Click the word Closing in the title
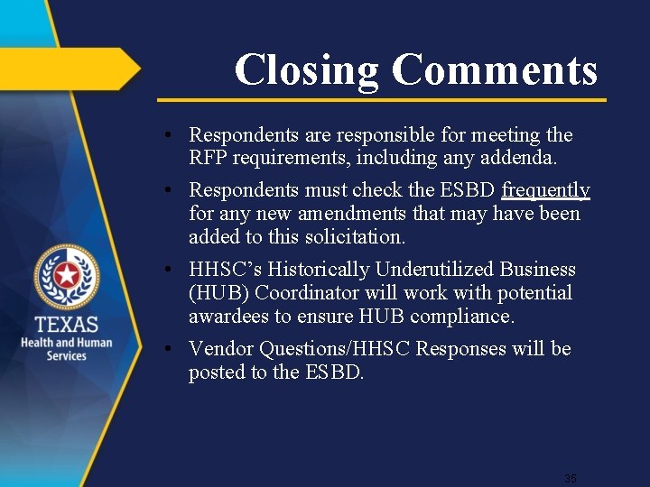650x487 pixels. pos(307,70)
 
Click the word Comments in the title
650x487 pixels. pos(495,70)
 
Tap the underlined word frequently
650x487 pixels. pos(545,190)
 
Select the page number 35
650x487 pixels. pos(570,478)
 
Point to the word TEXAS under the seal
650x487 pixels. pos(67,325)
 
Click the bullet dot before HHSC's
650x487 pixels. pos(170,270)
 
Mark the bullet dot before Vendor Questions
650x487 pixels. pos(170,349)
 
